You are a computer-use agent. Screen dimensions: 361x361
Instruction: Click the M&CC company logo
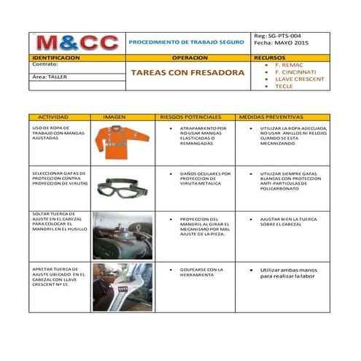point(77,43)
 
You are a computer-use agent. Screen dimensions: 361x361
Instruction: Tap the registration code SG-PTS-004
point(283,35)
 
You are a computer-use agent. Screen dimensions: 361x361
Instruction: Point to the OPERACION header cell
point(187,57)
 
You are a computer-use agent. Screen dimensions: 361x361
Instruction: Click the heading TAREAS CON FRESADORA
point(187,74)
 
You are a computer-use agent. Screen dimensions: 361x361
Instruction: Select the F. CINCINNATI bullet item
point(294,72)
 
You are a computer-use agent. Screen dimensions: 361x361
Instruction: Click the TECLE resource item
point(284,86)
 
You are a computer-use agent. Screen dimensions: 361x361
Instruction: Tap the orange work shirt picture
point(122,141)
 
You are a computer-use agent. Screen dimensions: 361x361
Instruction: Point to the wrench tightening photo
point(122,287)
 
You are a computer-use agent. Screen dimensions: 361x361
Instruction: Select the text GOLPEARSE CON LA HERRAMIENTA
point(201,272)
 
